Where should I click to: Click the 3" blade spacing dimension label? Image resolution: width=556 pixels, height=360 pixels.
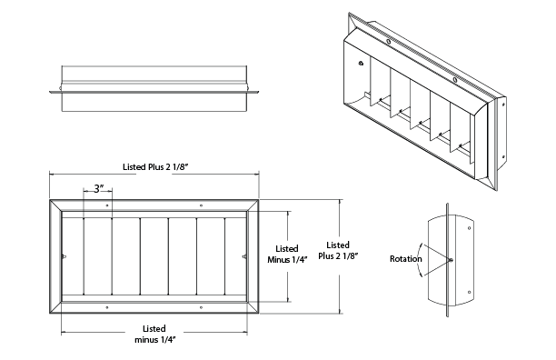coord(99,189)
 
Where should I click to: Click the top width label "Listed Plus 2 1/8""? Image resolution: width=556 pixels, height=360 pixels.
coord(155,167)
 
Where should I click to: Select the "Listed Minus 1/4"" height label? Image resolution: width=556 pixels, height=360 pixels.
coord(287,254)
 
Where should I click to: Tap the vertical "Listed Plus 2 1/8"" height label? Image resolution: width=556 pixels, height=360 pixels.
coord(338,250)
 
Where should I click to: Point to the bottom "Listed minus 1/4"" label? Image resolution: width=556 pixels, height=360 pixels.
coord(155,335)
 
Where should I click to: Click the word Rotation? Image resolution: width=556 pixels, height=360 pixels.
coord(406,259)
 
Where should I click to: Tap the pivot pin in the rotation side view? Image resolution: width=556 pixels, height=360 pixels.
coord(451,260)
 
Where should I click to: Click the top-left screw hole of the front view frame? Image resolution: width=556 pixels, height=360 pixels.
coord(107,205)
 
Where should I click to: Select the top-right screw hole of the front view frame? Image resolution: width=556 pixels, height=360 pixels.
coord(201,205)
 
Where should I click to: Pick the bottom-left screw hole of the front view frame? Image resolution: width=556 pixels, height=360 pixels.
coord(107,307)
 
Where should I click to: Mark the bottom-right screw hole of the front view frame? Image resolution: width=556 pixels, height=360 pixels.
coord(201,307)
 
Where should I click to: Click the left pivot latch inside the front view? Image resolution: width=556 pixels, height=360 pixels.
coord(64,256)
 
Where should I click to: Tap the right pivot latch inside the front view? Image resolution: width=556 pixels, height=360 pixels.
coord(244,256)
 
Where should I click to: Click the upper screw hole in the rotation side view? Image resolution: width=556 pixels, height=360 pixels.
coord(469,228)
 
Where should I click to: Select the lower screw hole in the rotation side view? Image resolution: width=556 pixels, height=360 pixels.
coord(469,292)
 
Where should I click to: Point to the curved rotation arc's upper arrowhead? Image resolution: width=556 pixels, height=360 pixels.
coord(422,245)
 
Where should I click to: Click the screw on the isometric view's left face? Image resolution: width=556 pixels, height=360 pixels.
coord(361,64)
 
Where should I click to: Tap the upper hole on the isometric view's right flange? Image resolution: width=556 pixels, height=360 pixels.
coord(502,105)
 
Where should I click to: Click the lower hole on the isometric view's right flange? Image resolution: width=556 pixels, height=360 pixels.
coord(502,156)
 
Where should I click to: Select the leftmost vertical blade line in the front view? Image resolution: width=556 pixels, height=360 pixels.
coord(84,255)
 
